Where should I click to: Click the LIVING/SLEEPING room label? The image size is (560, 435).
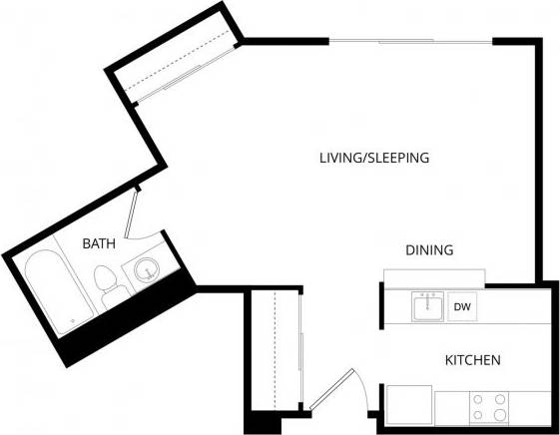click(373, 158)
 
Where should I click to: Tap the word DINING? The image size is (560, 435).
click(429, 250)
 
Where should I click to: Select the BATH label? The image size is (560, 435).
click(99, 242)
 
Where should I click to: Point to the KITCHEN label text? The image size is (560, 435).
click(472, 359)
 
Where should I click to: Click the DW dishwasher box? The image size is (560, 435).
click(462, 307)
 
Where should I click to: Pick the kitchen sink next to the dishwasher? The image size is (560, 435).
click(428, 306)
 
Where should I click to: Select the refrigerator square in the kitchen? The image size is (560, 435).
click(408, 404)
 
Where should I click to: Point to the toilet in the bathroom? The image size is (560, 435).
click(106, 283)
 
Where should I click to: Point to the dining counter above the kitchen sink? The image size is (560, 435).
click(432, 276)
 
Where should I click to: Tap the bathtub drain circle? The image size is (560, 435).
click(73, 320)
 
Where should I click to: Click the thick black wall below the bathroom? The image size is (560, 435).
click(120, 319)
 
